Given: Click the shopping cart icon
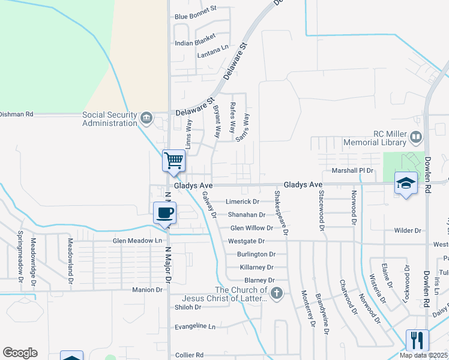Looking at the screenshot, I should (173, 160).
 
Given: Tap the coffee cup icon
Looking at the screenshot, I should (164, 212).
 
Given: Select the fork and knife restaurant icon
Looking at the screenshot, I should (417, 340).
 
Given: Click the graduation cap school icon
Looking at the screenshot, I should (405, 183).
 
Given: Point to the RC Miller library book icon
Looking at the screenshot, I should (415, 138).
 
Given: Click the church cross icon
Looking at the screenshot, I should (276, 293).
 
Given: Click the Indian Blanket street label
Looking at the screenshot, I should (194, 43).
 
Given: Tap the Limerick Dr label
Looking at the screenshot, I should (242, 202).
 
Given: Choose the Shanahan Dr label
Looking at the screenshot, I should (246, 215).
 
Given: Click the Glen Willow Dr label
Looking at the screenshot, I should (252, 228).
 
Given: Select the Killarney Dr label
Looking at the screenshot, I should (256, 267).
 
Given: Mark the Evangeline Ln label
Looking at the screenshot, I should (194, 326).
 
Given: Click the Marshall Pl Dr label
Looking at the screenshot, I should (352, 170).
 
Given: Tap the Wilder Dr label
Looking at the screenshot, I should (408, 230).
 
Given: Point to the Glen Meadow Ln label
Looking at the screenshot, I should (137, 241).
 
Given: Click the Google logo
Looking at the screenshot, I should (20, 353).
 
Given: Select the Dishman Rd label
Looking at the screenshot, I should (16, 113).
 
